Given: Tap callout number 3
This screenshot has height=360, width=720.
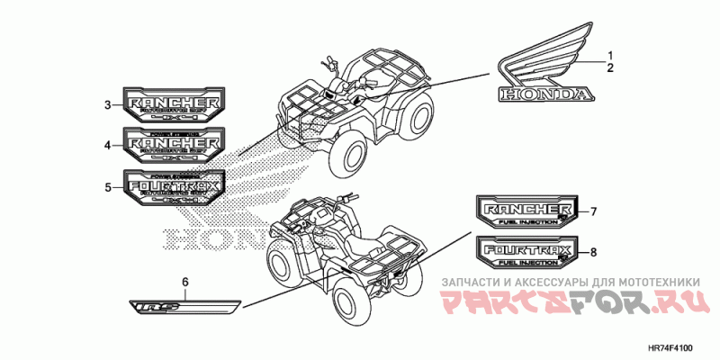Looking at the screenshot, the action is pyautogui.click(x=107, y=105).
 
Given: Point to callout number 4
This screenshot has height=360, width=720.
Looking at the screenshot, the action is pyautogui.click(x=107, y=145).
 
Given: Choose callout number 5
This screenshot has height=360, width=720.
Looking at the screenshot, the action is pyautogui.click(x=107, y=187).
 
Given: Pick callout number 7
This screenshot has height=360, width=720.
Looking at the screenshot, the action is pyautogui.click(x=594, y=211).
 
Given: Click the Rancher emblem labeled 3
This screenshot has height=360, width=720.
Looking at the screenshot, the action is pyautogui.click(x=174, y=105).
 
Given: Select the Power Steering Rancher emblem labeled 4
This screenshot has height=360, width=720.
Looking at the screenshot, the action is pyautogui.click(x=174, y=144).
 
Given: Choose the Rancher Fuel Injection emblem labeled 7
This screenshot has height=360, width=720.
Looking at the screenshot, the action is pyautogui.click(x=526, y=212).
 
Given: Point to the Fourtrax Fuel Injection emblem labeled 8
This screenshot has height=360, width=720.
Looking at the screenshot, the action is pyautogui.click(x=526, y=251).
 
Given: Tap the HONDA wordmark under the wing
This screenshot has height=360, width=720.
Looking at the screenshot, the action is pyautogui.click(x=544, y=94).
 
